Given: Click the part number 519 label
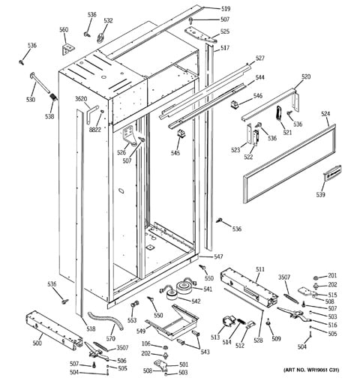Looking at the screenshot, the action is [x=226, y=9].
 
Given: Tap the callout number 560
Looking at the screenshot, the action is [x=64, y=30].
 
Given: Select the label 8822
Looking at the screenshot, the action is [x=95, y=130].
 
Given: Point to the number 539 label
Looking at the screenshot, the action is [x=320, y=194].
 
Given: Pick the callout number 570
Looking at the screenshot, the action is [x=110, y=338].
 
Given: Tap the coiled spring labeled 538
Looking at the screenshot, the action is [x=53, y=97].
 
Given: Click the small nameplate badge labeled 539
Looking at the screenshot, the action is [x=332, y=172].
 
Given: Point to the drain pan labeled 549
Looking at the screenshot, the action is [x=172, y=321].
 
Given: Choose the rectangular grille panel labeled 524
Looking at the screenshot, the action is [x=289, y=163].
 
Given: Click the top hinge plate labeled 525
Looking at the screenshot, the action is [x=200, y=35].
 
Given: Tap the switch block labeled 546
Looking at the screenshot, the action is [x=233, y=105].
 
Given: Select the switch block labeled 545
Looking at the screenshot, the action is [x=181, y=133].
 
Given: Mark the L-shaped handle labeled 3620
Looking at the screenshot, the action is [x=91, y=113].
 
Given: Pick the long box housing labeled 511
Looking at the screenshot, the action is [x=249, y=287].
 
